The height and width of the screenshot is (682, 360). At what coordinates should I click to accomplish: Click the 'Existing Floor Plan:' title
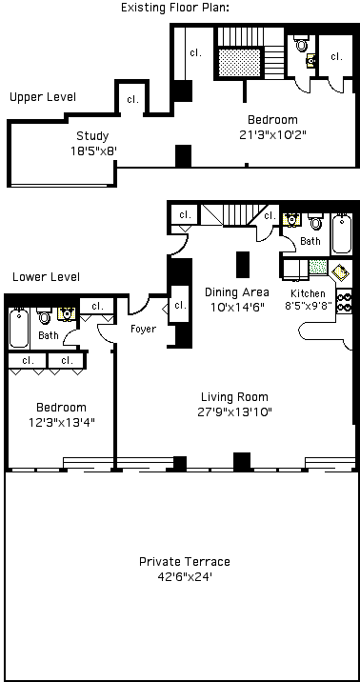click(175, 8)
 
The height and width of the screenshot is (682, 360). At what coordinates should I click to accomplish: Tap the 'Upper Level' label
click(43, 97)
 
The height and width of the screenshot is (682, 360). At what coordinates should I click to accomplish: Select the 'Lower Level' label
click(46, 276)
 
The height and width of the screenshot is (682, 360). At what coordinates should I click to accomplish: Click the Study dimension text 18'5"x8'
click(94, 150)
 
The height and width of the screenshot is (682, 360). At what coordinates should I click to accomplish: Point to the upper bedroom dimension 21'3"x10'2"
click(273, 135)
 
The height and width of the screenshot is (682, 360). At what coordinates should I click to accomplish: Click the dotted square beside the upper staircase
click(240, 63)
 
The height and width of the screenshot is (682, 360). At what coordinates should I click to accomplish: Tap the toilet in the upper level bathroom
click(301, 44)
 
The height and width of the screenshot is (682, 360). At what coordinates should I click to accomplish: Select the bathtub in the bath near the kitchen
click(341, 234)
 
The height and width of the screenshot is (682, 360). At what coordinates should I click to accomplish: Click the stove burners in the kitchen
click(345, 302)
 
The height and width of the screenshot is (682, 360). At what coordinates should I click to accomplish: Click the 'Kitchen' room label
click(308, 293)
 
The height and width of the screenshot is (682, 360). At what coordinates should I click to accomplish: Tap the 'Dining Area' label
click(237, 291)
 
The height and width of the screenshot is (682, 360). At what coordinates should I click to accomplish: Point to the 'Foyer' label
click(144, 329)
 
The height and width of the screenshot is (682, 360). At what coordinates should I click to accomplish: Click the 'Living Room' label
click(234, 396)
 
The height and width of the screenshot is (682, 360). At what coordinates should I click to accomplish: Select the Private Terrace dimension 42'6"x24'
click(186, 577)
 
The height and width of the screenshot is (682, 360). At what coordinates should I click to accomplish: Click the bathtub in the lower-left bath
click(19, 328)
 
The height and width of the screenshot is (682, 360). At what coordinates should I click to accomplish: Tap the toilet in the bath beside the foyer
click(44, 316)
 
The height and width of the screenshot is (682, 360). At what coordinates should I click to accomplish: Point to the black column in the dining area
click(243, 265)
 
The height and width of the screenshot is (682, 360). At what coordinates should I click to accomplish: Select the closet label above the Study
click(132, 100)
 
